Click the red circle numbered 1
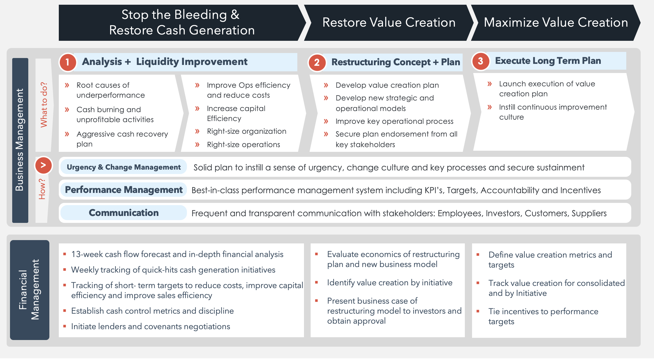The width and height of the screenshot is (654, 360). (67, 62)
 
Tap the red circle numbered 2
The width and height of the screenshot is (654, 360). (317, 62)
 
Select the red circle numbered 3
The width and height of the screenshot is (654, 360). (480, 61)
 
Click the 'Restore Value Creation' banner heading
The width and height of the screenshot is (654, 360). (389, 22)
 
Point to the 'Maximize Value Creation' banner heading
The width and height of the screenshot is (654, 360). (556, 22)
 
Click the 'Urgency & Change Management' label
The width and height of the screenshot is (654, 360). (124, 167)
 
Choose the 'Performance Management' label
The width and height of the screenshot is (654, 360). (124, 190)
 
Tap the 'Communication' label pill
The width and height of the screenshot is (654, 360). (124, 213)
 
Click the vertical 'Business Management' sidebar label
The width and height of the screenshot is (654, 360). (19, 140)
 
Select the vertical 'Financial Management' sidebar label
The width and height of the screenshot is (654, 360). (29, 289)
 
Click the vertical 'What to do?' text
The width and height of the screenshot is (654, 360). (44, 105)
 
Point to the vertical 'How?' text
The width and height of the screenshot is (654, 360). (42, 189)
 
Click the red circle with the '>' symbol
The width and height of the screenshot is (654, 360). (43, 165)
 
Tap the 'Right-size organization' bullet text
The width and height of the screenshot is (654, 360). (247, 131)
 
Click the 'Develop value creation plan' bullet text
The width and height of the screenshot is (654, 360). (387, 85)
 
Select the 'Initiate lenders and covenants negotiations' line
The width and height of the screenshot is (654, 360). (151, 326)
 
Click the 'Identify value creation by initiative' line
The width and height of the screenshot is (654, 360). (390, 283)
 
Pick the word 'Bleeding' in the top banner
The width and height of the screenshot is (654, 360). (201, 15)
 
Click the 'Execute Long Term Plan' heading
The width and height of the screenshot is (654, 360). (548, 61)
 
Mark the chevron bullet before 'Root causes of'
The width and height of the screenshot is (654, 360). (67, 85)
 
